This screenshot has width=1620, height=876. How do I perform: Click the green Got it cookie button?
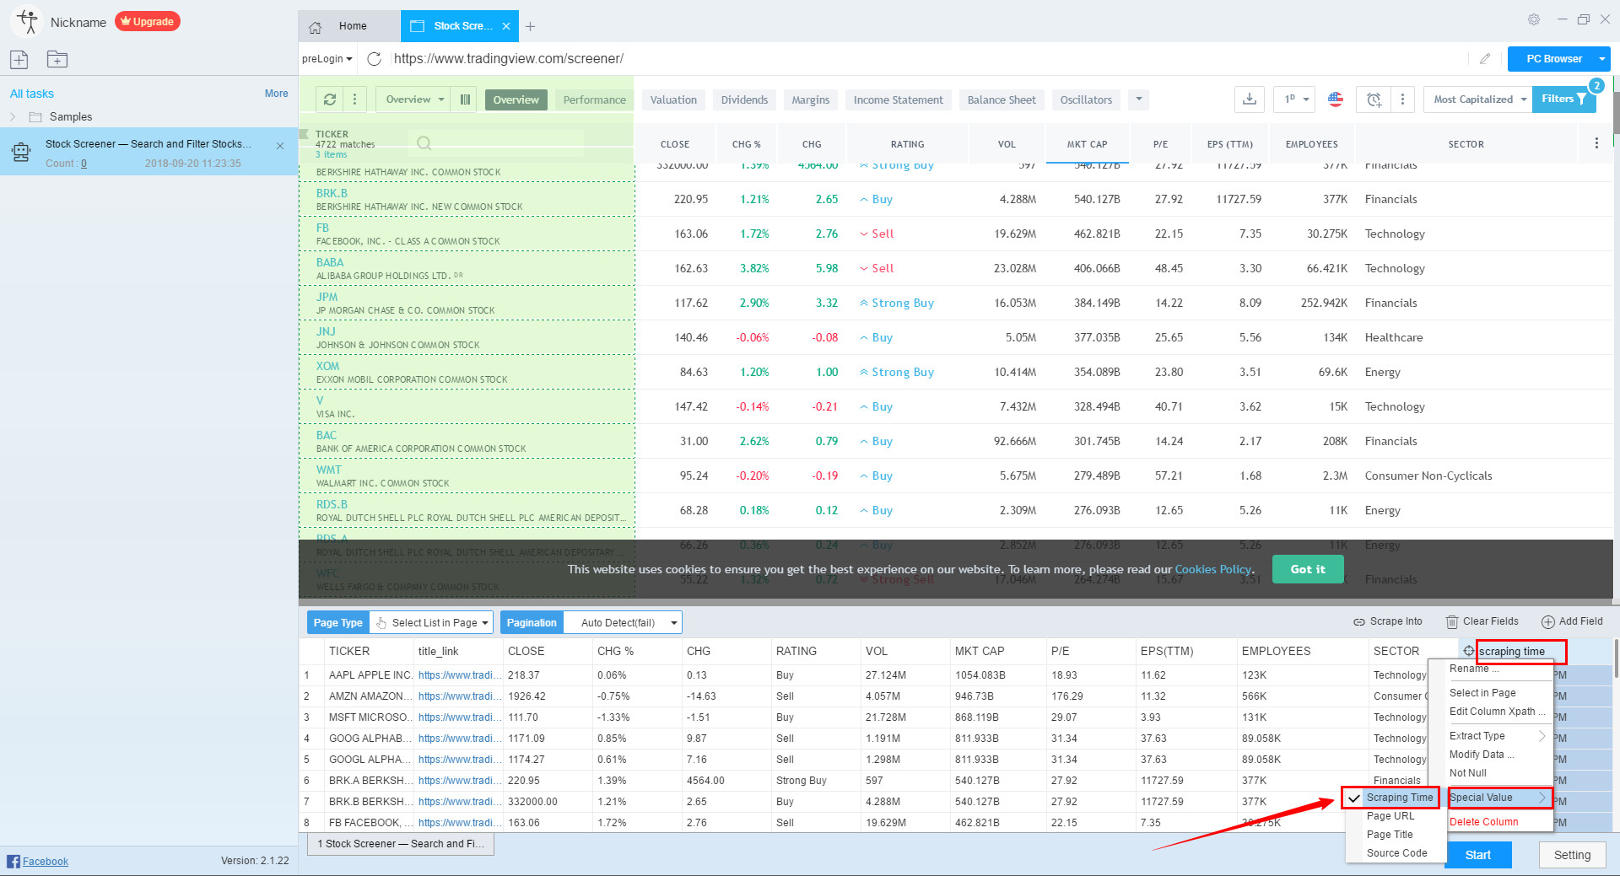1307,569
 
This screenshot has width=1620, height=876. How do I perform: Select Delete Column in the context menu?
1483,822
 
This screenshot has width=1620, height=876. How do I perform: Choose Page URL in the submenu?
1390,816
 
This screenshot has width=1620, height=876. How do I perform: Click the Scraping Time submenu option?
1399,798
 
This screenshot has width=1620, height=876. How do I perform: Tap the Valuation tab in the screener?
673,99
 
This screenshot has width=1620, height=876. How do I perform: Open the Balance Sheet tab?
1001,99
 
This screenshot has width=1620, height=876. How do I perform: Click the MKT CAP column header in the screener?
1087,144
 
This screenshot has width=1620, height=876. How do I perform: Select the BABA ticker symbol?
330,262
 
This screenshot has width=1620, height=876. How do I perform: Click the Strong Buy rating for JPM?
902,303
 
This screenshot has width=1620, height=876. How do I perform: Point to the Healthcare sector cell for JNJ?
1394,337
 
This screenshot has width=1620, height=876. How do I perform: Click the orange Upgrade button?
148,22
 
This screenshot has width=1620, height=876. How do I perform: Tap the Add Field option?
1572,621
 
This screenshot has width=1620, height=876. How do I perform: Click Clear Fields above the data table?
1482,621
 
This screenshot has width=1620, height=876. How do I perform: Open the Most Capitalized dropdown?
1480,99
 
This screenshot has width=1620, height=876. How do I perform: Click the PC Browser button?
1553,59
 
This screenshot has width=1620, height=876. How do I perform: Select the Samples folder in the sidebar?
71,117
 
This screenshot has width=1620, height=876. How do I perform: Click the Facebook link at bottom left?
45,861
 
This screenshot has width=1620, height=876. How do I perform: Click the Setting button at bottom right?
1572,855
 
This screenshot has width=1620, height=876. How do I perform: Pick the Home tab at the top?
352,26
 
